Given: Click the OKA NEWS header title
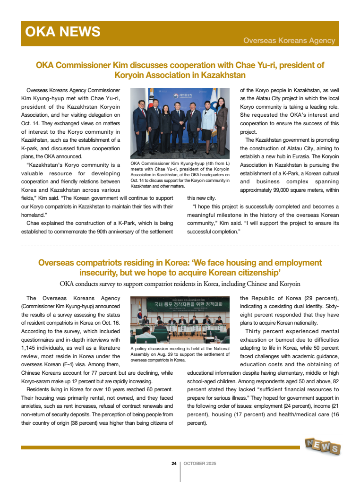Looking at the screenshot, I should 63,32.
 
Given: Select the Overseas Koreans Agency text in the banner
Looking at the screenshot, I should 289,41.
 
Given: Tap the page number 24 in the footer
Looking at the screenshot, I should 174,464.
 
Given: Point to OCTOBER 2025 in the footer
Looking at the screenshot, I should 200,464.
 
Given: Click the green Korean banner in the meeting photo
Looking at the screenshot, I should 180,303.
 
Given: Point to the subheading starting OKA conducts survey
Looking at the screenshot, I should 180,284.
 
